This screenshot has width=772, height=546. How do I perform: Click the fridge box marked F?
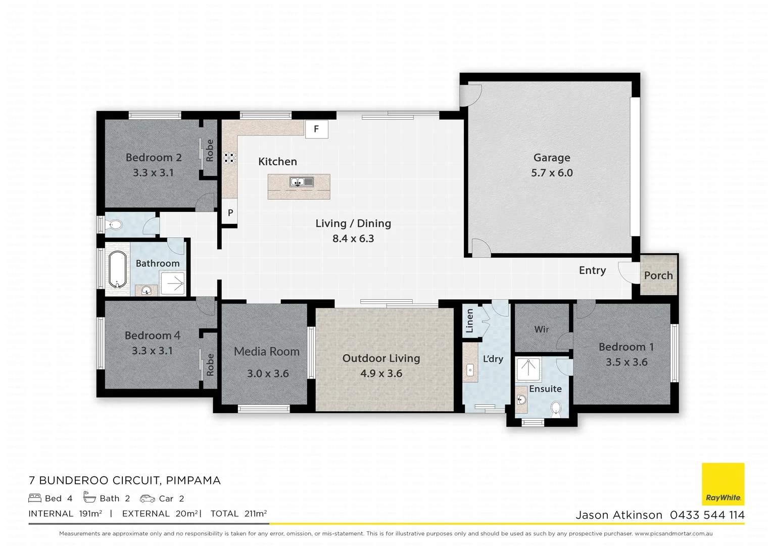(x=316, y=129)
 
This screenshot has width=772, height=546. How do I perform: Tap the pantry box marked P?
(x=230, y=213)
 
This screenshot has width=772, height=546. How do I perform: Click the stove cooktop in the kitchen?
(x=230, y=158)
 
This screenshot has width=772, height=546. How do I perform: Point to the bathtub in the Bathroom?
(x=117, y=269)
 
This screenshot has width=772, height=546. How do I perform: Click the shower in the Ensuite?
(x=528, y=369)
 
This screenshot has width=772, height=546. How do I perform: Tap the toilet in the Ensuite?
(x=556, y=408)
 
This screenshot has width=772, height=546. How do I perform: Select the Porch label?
(x=658, y=276)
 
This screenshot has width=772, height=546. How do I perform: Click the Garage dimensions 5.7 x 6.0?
(x=552, y=173)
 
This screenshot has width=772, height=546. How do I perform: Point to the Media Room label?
(x=267, y=351)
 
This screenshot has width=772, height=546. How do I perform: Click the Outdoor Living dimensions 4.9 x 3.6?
(x=381, y=374)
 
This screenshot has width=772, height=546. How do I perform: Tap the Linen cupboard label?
(x=469, y=321)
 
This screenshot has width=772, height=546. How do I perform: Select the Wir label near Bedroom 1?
(x=541, y=329)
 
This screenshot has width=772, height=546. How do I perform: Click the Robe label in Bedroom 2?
(x=209, y=151)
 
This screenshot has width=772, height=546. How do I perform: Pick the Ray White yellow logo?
(x=723, y=484)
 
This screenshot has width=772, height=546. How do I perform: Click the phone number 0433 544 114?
(x=707, y=515)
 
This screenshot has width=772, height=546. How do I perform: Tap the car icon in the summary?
(x=148, y=498)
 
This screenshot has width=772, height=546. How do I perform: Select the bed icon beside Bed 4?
(x=35, y=498)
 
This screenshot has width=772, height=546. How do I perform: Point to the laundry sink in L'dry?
(x=470, y=370)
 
